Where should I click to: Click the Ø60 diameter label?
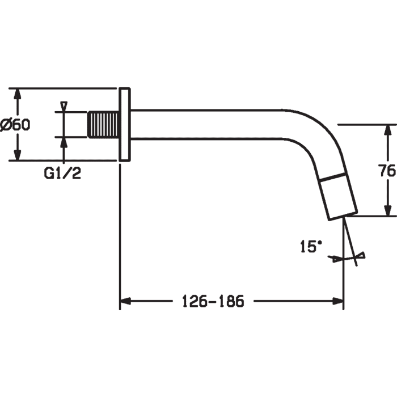click(x=15, y=125)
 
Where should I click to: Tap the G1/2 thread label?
click(x=62, y=173)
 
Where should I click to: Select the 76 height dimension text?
click(x=387, y=170)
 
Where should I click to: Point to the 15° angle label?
click(x=311, y=246)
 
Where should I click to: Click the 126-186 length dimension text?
click(x=213, y=301)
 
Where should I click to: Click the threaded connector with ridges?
click(x=103, y=125)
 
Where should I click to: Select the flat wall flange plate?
click(x=125, y=125)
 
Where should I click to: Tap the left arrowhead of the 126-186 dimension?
click(x=125, y=301)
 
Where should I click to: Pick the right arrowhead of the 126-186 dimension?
click(x=338, y=301)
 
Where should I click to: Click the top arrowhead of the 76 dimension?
click(x=387, y=130)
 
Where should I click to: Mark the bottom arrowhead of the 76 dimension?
click(x=387, y=210)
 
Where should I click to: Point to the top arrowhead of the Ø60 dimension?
click(x=17, y=94)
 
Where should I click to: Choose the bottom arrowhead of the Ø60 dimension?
click(x=17, y=155)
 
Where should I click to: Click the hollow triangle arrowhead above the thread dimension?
click(x=64, y=106)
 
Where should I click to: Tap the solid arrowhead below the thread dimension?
click(x=64, y=142)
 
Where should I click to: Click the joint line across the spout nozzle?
click(x=333, y=177)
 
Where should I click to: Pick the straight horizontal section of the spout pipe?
click(x=206, y=125)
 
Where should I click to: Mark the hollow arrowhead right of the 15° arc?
click(x=361, y=255)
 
